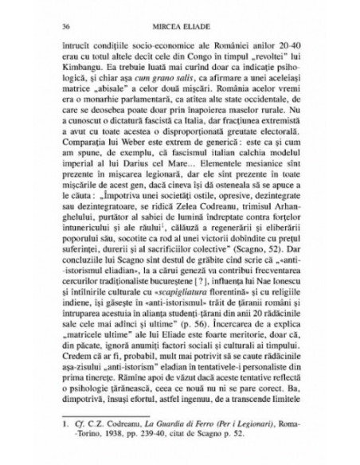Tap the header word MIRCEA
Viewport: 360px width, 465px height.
(164, 28)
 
